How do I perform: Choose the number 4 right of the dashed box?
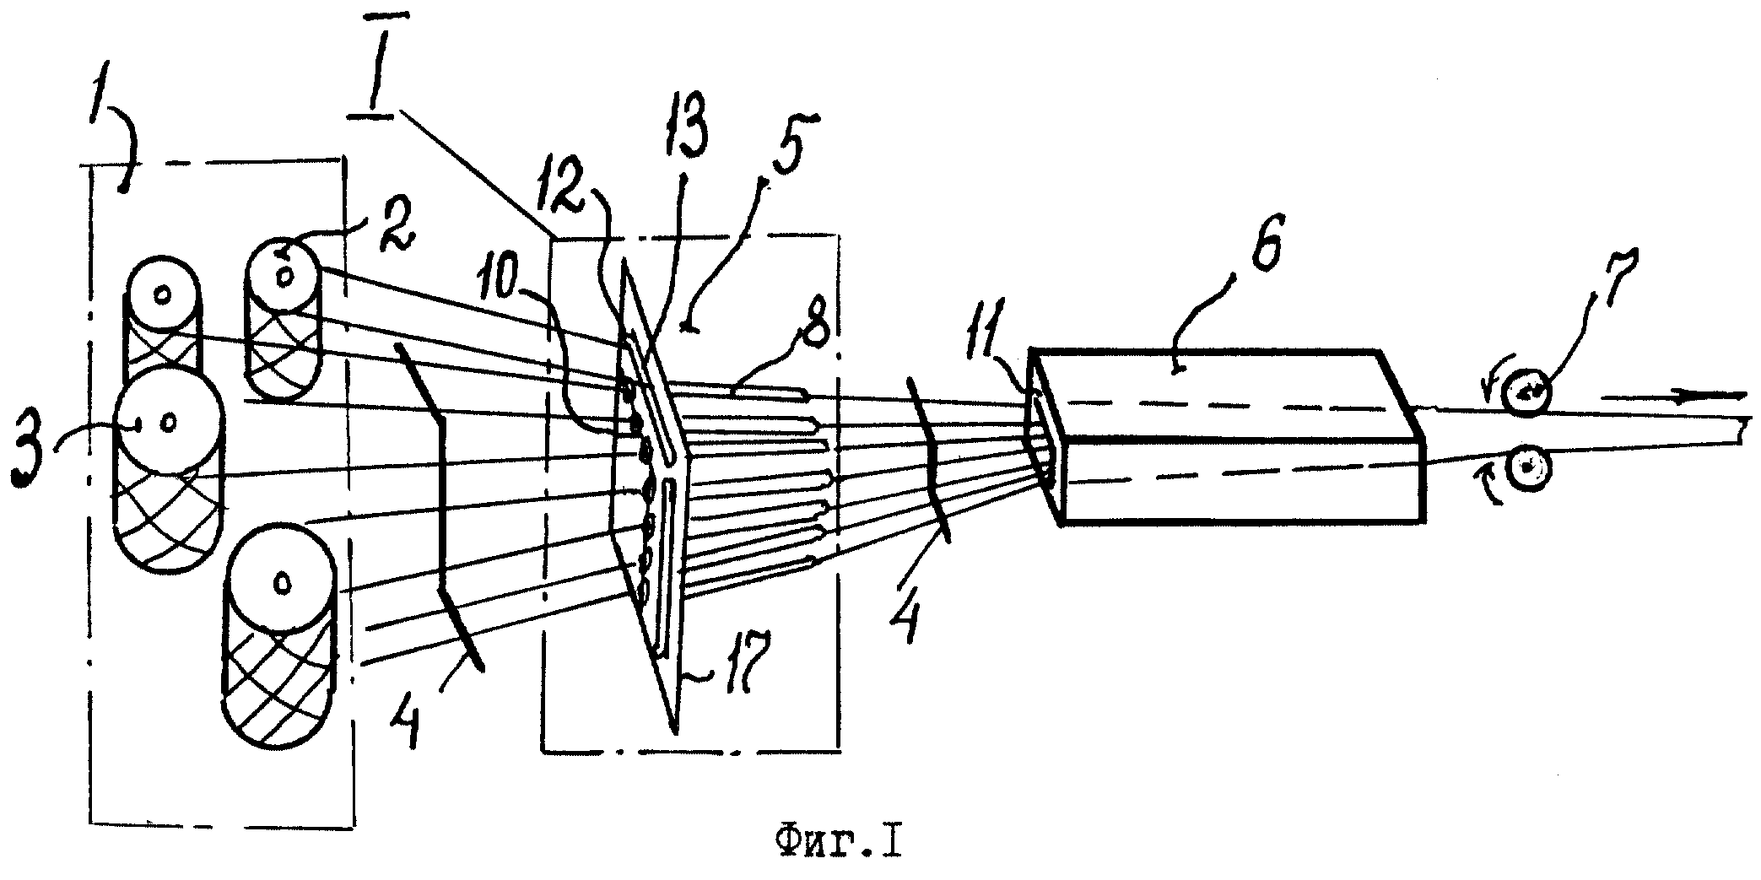[905, 617]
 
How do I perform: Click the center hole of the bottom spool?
[282, 581]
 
